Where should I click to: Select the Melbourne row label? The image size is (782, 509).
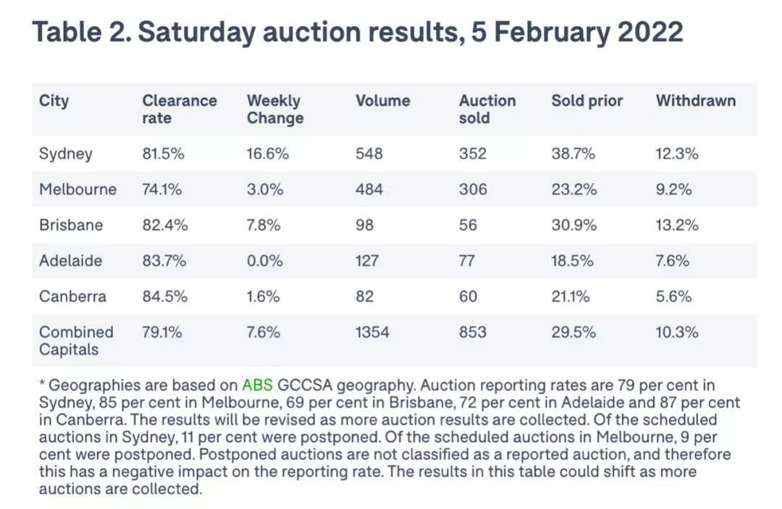pyautogui.click(x=77, y=189)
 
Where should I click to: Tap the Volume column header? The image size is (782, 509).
pyautogui.click(x=382, y=101)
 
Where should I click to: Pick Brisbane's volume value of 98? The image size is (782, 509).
pyautogui.click(x=364, y=224)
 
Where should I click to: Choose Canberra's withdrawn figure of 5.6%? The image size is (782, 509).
pyautogui.click(x=673, y=296)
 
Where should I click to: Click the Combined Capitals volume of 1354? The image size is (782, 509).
pyautogui.click(x=372, y=332)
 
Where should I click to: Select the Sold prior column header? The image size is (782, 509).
pyautogui.click(x=586, y=101)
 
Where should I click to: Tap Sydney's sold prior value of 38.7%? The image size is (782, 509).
pyautogui.click(x=573, y=153)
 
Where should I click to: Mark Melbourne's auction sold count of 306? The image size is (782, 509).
pyautogui.click(x=473, y=189)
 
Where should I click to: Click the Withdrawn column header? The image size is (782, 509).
pyautogui.click(x=695, y=101)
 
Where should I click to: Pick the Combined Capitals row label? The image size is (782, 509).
pyautogui.click(x=76, y=340)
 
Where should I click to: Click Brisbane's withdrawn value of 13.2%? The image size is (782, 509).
pyautogui.click(x=677, y=224)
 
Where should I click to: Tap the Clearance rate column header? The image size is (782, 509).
pyautogui.click(x=179, y=109)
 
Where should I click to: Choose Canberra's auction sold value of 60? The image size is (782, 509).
pyautogui.click(x=468, y=296)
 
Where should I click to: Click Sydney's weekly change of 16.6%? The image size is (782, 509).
pyautogui.click(x=268, y=153)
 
